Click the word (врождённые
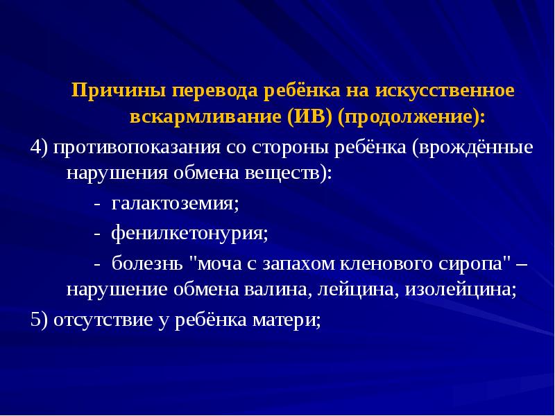(472, 148)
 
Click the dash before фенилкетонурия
(97, 233)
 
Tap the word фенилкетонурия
(189, 233)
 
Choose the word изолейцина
(457, 290)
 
